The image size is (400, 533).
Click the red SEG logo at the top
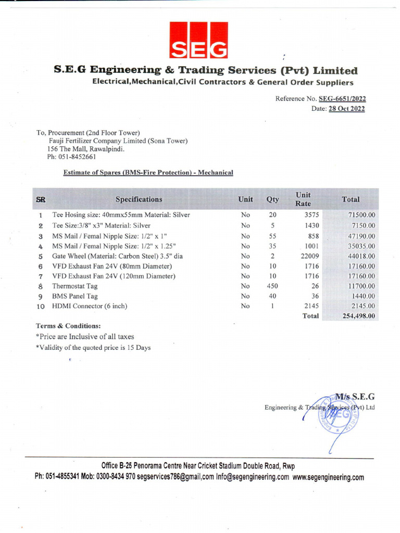pyautogui.click(x=198, y=40)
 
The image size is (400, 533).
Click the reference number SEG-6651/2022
pyautogui.click(x=342, y=98)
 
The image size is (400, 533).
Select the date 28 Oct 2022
pyautogui.click(x=346, y=109)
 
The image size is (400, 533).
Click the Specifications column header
pyautogui.click(x=139, y=199)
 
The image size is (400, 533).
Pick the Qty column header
pyautogui.click(x=272, y=199)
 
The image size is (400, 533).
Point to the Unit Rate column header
pyautogui.click(x=303, y=199)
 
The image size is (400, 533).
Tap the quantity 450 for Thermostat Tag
pyautogui.click(x=272, y=286)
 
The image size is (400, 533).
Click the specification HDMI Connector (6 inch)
pyautogui.click(x=90, y=307)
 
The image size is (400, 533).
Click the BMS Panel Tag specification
pyautogui.click(x=74, y=296)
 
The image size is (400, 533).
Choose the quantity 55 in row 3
pyautogui.click(x=272, y=236)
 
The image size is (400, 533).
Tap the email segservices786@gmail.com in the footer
pyautogui.click(x=176, y=477)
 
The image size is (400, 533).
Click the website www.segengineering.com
pyautogui.click(x=328, y=477)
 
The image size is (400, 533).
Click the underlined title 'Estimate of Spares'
pyautogui.click(x=148, y=172)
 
